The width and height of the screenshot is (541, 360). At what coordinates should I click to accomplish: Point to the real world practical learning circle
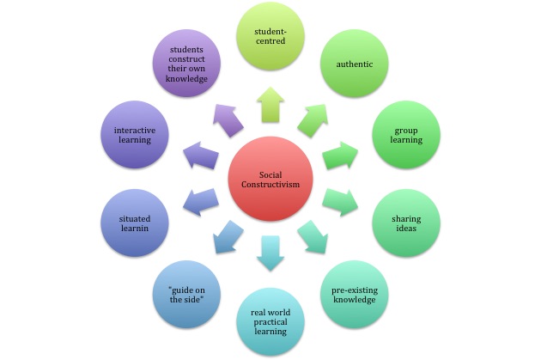point(270,320)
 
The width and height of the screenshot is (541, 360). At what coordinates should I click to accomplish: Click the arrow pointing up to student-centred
point(270,107)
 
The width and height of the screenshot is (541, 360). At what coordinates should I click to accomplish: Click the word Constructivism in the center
point(269,187)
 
